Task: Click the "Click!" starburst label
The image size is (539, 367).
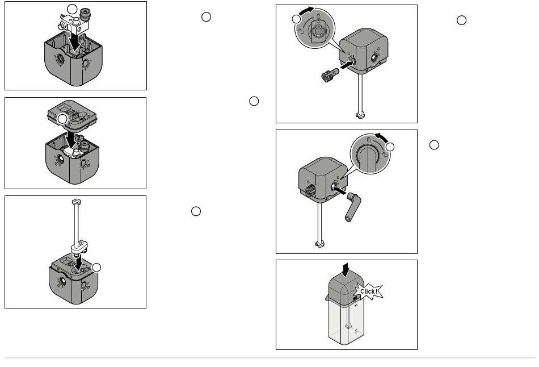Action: pyautogui.click(x=368, y=291)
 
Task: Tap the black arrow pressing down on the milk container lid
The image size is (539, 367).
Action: pyautogui.click(x=346, y=270)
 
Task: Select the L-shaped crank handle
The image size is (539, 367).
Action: pyautogui.click(x=353, y=207)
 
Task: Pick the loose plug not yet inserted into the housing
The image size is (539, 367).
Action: pyautogui.click(x=330, y=75)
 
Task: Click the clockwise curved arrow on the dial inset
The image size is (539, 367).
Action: pyautogui.click(x=307, y=11)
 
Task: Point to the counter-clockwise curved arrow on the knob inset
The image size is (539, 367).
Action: pyautogui.click(x=382, y=137)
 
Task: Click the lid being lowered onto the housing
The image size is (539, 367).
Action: pyautogui.click(x=72, y=115)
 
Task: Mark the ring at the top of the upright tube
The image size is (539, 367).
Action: pyautogui.click(x=77, y=201)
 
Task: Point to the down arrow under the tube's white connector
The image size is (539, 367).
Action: pyautogui.click(x=79, y=263)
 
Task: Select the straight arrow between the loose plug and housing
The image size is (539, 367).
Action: pyautogui.click(x=348, y=64)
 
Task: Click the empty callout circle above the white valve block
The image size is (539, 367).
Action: pyautogui.click(x=72, y=9)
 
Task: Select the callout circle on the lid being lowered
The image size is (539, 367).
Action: pyautogui.click(x=62, y=119)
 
